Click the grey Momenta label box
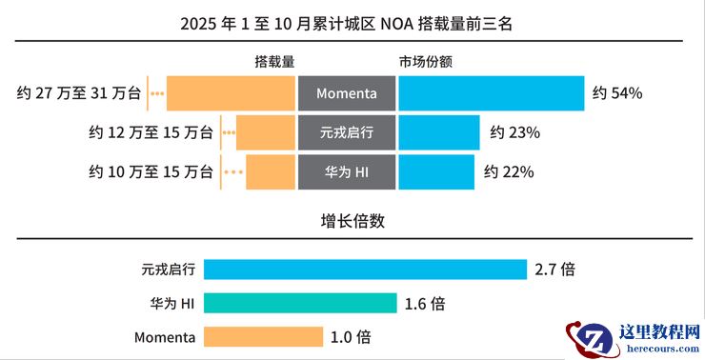pos(346,93)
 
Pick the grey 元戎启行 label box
pos(346,132)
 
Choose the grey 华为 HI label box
pos(346,172)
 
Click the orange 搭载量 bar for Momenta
pos(231,93)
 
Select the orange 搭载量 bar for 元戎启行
pos(265,132)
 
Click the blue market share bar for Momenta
pos(491,93)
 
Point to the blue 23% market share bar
pos(438,132)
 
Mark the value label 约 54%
pos(617,93)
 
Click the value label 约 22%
pos(509,172)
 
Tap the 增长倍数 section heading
pos(352,221)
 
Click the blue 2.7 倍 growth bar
pos(365,270)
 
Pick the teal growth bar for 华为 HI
pos(300,304)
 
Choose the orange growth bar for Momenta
pos(263,337)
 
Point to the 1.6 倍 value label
pos(425,304)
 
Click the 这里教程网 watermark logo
pos(634,339)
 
